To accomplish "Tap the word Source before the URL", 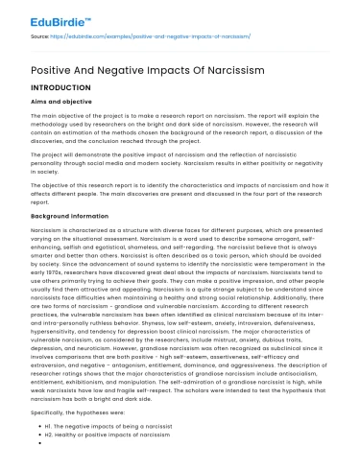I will pyautogui.click(x=40, y=35).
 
